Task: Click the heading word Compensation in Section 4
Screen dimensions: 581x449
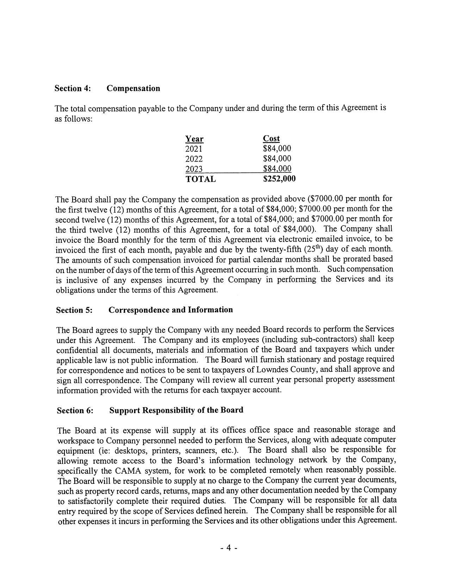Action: click(133, 88)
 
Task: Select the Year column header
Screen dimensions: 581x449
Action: click(194, 139)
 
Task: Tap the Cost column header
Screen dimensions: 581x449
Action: click(272, 139)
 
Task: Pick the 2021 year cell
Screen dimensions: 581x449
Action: click(194, 149)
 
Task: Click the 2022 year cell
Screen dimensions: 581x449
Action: click(194, 159)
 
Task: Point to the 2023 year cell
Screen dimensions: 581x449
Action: click(194, 169)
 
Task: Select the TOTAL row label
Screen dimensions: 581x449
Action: click(200, 179)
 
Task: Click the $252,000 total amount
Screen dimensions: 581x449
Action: click(279, 179)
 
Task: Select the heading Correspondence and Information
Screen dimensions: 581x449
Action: click(171, 310)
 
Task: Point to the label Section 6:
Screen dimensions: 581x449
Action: click(75, 411)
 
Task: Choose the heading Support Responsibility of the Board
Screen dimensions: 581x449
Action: click(176, 410)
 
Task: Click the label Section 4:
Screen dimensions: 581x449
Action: click(73, 88)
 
